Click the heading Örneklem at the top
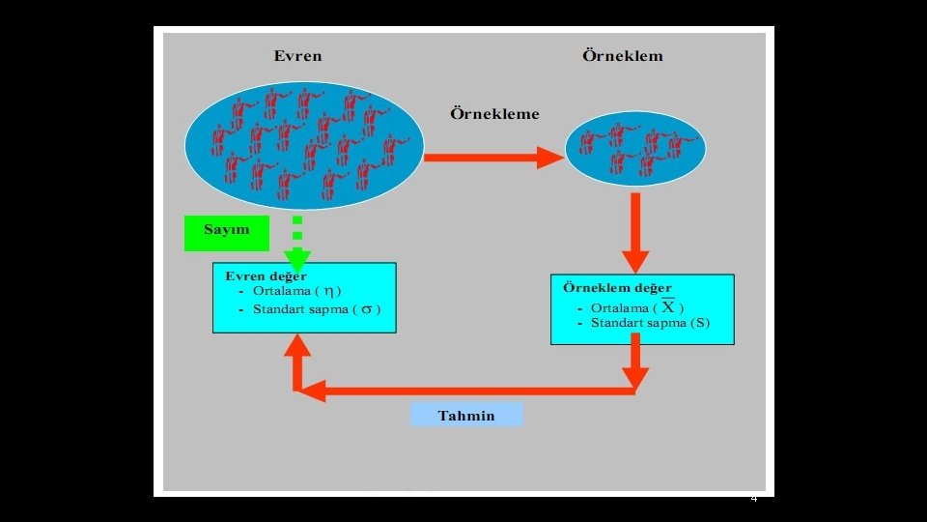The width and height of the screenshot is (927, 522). [622, 55]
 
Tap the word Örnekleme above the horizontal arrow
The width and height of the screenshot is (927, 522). [494, 113]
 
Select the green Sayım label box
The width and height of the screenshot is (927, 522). [226, 230]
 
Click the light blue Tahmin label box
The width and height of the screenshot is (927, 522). [466, 416]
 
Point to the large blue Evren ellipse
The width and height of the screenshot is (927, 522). [303, 145]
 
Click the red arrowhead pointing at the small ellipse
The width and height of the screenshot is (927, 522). [550, 157]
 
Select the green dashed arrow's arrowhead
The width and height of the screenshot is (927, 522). [297, 258]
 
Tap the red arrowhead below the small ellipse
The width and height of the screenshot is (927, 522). [634, 260]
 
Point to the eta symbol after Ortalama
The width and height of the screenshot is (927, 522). [330, 291]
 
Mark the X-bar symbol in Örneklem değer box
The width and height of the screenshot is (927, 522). [668, 305]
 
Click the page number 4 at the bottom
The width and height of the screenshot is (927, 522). [754, 499]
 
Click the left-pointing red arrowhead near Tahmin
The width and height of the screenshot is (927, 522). [307, 391]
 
